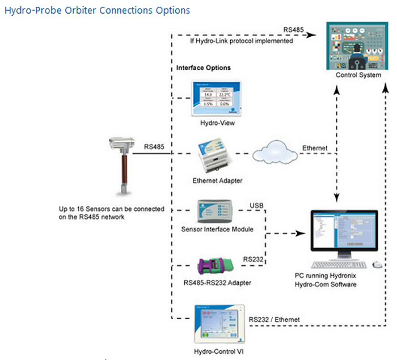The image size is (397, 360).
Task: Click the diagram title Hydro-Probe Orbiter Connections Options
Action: [x=97, y=11]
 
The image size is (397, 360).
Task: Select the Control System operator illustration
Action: [x=357, y=45]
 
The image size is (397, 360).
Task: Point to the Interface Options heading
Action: [x=204, y=67]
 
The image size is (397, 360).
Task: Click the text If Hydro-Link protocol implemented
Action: [x=242, y=41]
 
